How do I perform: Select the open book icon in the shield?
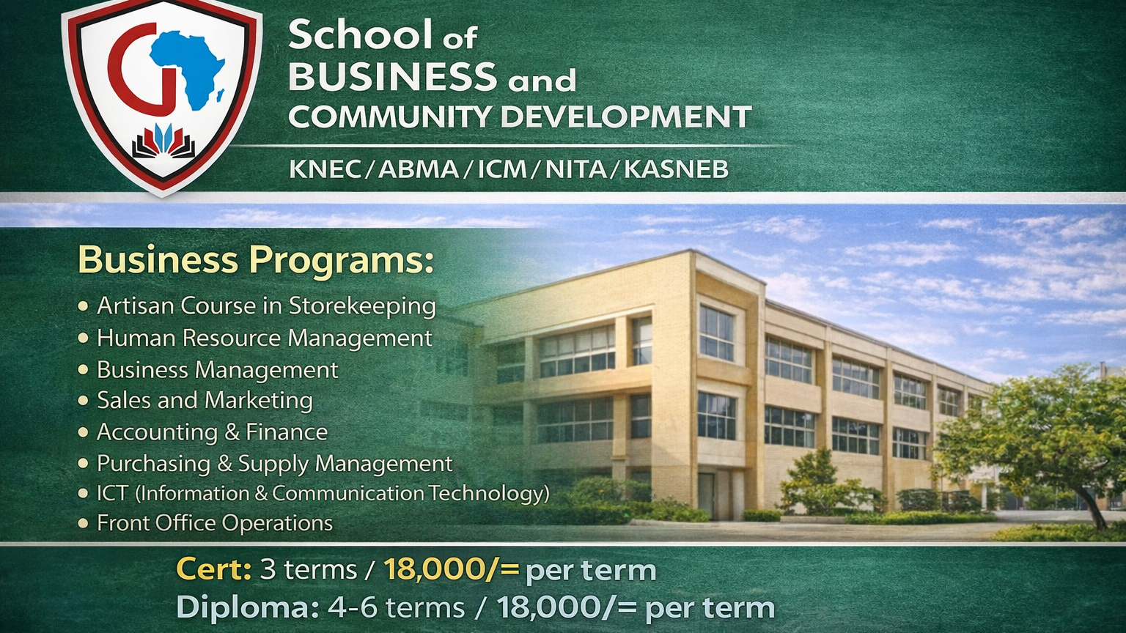[163, 142]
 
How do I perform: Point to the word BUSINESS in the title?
[392, 76]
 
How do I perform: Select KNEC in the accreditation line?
[325, 170]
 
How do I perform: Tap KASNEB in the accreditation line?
[676, 170]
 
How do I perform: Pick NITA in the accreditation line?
[575, 170]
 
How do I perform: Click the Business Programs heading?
[256, 260]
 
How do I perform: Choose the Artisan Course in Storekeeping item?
[266, 306]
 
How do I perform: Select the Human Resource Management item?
[264, 338]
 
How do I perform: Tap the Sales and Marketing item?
[205, 400]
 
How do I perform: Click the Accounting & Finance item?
[212, 432]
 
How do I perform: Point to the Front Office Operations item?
[215, 523]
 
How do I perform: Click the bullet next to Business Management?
[84, 370]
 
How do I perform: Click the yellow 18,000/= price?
[451, 569]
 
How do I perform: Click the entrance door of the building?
[706, 496]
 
